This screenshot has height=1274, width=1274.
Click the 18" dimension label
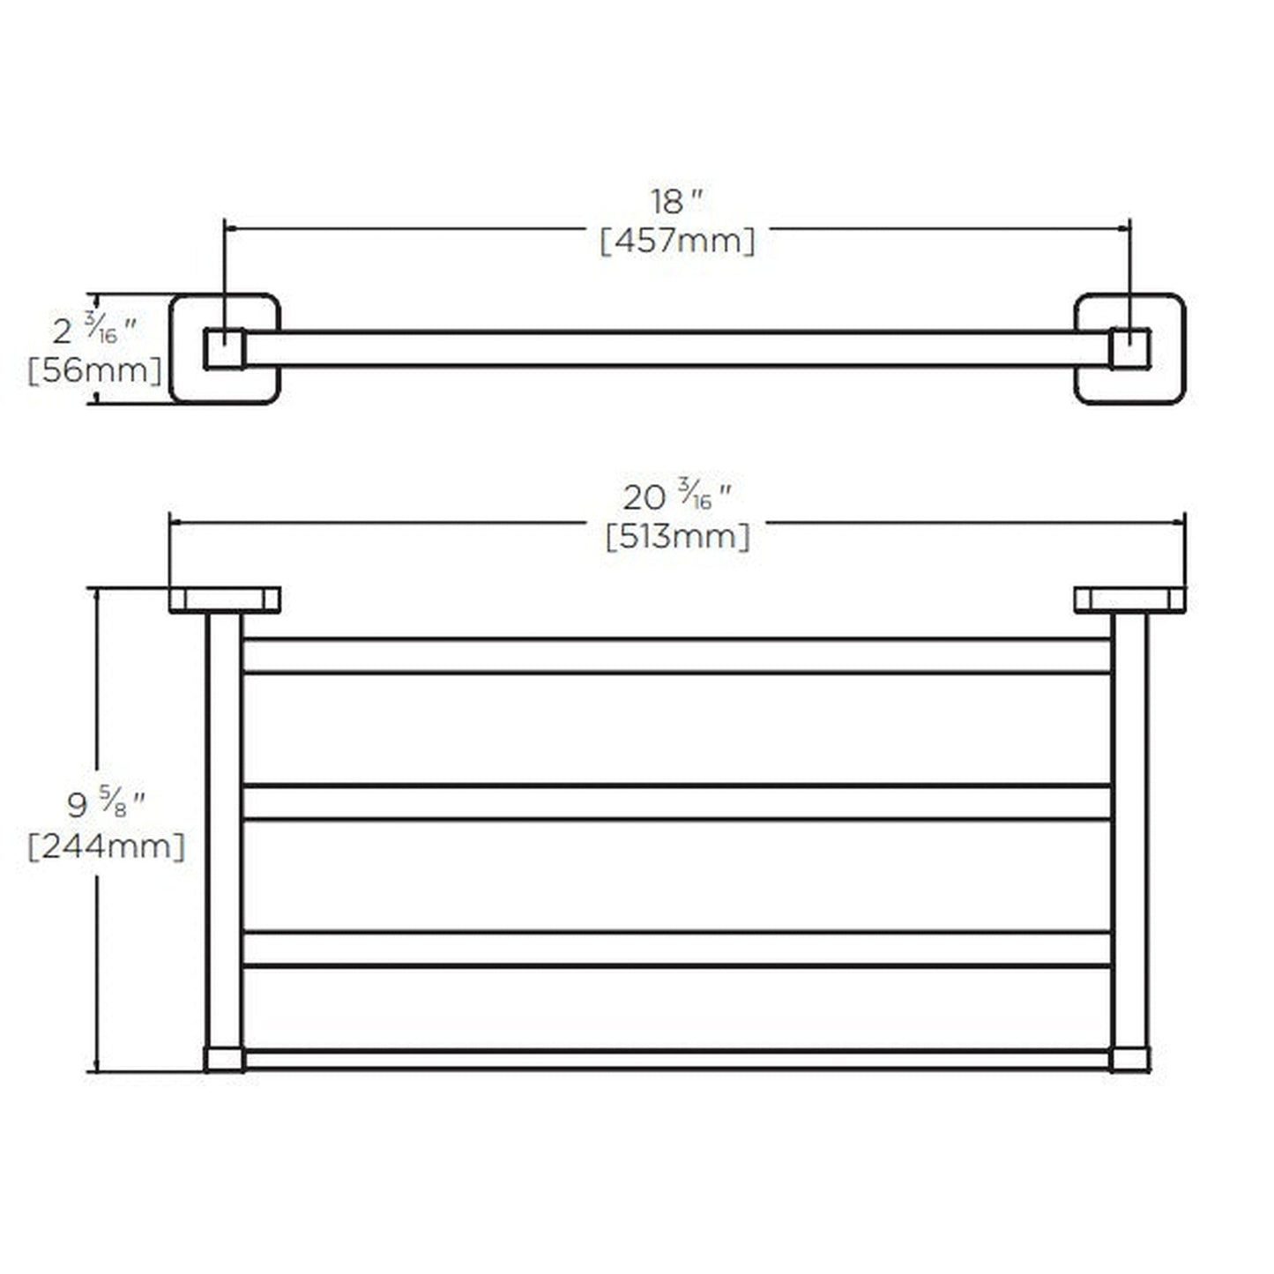tap(675, 202)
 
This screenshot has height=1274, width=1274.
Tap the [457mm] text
tap(677, 240)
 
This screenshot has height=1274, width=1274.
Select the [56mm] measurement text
tap(94, 370)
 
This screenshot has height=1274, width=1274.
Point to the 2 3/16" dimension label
tap(94, 331)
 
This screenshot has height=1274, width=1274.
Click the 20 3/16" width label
tap(677, 497)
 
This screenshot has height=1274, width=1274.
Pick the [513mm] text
tap(677, 536)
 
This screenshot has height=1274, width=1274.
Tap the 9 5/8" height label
tap(106, 803)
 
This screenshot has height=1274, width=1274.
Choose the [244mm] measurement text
tap(107, 846)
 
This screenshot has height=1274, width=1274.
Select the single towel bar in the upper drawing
tap(675, 349)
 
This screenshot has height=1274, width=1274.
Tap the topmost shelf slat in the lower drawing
tap(675, 656)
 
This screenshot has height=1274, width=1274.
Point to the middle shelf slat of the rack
tap(675, 802)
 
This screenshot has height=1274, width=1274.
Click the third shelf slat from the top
tap(675, 949)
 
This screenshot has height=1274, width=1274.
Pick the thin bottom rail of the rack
tap(675, 1059)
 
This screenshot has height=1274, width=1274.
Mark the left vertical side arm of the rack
tap(224, 829)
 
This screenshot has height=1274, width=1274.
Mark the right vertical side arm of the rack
tap(1129, 829)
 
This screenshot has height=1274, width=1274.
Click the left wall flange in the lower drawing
tap(224, 600)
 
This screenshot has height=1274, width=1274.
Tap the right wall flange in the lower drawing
tap(1129, 600)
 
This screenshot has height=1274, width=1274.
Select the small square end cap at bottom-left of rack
tap(224, 1059)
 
